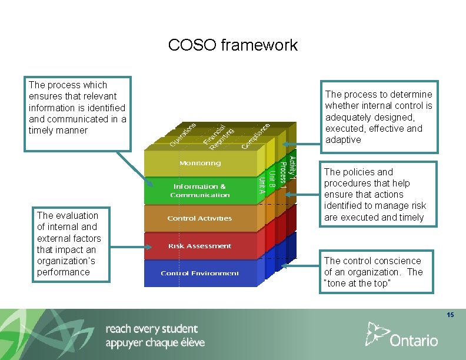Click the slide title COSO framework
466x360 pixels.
233,45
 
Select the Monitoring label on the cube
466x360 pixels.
200,163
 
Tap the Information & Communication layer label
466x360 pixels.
200,191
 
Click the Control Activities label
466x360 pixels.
199,218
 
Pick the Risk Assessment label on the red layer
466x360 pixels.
199,246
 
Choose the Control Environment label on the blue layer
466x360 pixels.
199,273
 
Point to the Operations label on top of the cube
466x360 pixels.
183,134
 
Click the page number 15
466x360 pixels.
450,315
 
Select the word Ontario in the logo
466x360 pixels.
414,340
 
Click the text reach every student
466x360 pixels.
151,329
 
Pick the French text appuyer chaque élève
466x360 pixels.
155,342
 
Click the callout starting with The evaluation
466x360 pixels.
69,244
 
